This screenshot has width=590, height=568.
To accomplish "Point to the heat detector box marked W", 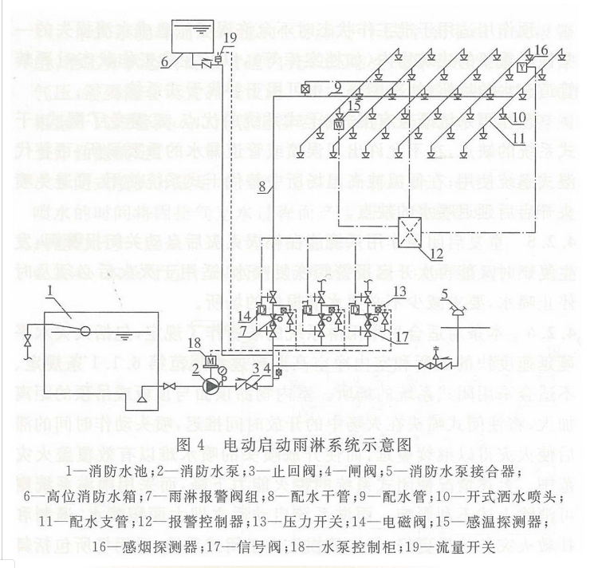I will pyautogui.click(x=338, y=124).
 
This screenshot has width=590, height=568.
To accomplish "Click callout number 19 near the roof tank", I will pyautogui.click(x=230, y=37).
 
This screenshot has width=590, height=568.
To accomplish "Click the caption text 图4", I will pyautogui.click(x=196, y=442).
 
